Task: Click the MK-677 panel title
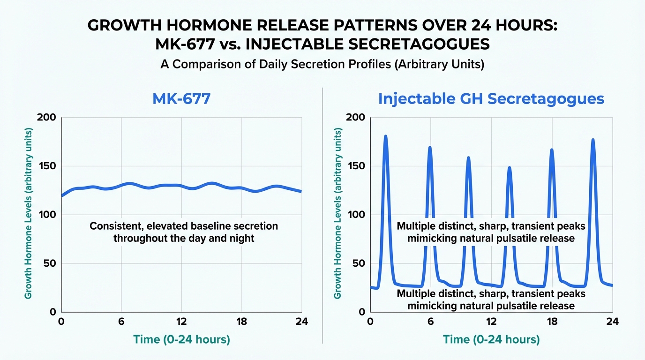pos(181,99)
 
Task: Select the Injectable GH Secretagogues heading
pos(491,99)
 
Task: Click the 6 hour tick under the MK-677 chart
pos(121,322)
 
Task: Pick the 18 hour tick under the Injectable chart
pos(552,322)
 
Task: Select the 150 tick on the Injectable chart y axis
pos(357,166)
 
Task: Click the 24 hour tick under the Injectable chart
pos(612,322)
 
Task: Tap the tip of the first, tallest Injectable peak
pos(385,136)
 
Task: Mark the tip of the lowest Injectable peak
pos(509,167)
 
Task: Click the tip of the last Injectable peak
pos(593,140)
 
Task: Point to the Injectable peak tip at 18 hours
pos(552,150)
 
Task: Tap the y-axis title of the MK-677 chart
pos(29,214)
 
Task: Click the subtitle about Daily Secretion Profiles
pos(322,64)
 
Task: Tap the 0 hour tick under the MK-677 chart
pos(61,322)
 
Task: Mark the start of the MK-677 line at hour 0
pos(62,195)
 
